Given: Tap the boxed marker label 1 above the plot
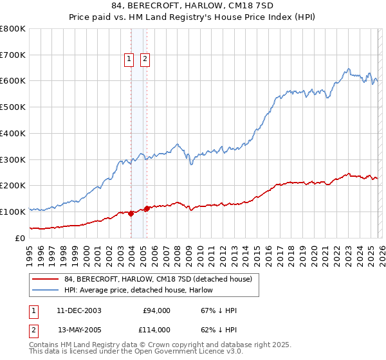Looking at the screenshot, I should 129,59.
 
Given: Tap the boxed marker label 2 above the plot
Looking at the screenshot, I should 145,59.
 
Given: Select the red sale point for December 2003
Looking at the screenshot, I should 131,213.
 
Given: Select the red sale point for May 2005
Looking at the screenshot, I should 147,208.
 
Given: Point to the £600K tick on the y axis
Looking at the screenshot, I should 13,81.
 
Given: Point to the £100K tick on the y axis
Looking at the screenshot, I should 13,212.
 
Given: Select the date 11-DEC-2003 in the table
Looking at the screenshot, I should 78,310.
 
